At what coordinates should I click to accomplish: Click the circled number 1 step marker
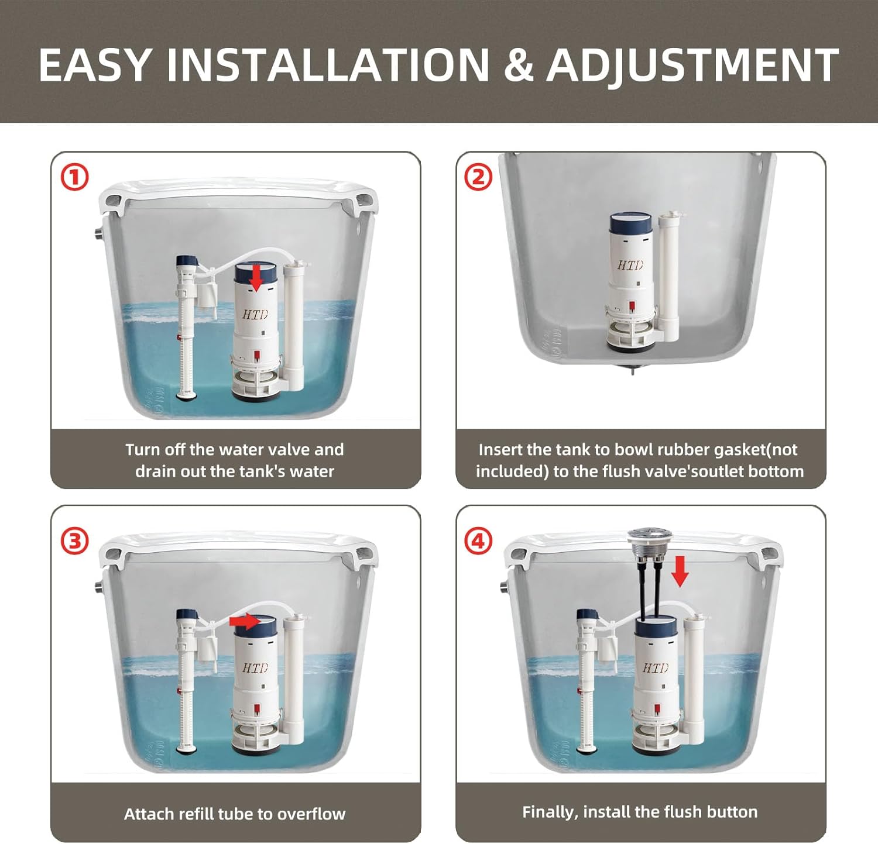tap(75, 177)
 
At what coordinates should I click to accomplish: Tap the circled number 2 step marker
tap(478, 177)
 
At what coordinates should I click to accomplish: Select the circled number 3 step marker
tap(75, 541)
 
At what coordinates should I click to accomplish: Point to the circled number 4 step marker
tap(478, 541)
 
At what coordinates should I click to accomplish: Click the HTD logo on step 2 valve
tap(630, 265)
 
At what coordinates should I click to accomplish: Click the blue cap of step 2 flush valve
tap(630, 225)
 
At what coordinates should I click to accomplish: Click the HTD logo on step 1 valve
tap(255, 315)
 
